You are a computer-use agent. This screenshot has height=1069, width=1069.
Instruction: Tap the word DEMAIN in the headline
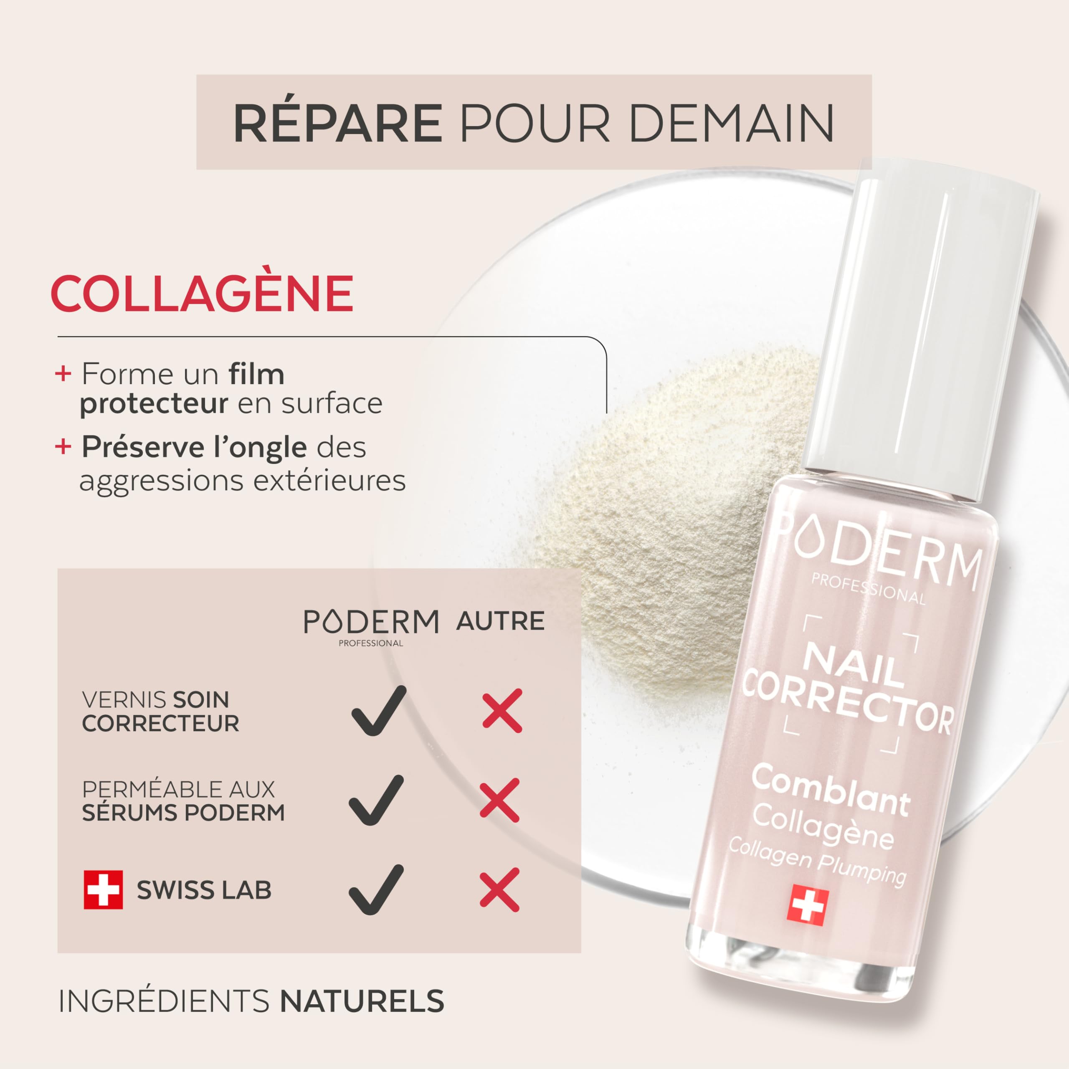732,123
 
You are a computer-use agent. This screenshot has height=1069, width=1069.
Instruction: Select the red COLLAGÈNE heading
202,293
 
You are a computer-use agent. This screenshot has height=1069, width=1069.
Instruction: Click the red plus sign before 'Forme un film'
63,373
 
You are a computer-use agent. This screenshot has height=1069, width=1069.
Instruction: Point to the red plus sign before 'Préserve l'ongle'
63,446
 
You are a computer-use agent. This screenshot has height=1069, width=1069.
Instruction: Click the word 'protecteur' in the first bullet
154,403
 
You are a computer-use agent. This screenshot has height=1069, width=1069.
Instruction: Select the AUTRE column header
500,621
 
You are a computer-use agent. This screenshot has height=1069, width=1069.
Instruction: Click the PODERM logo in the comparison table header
371,625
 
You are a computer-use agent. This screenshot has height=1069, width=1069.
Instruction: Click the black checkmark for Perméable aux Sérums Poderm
376,800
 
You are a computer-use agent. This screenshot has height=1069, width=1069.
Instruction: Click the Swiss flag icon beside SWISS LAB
103,890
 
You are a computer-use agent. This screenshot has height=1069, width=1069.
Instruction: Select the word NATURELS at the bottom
362,1001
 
